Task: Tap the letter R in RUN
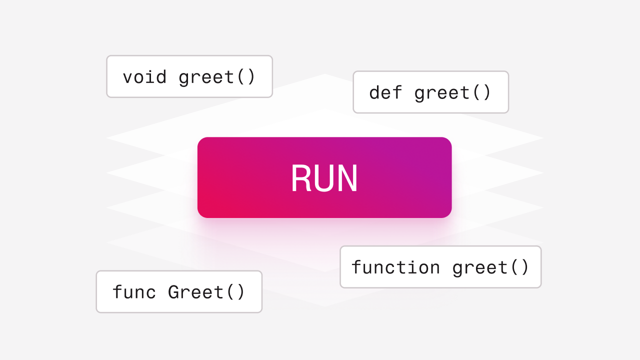300,178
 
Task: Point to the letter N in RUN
348,178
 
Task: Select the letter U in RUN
324,178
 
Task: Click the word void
144,77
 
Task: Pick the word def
385,92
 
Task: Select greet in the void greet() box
206,77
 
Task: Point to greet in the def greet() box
442,93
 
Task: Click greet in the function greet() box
479,267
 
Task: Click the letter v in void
128,78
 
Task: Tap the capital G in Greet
173,292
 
